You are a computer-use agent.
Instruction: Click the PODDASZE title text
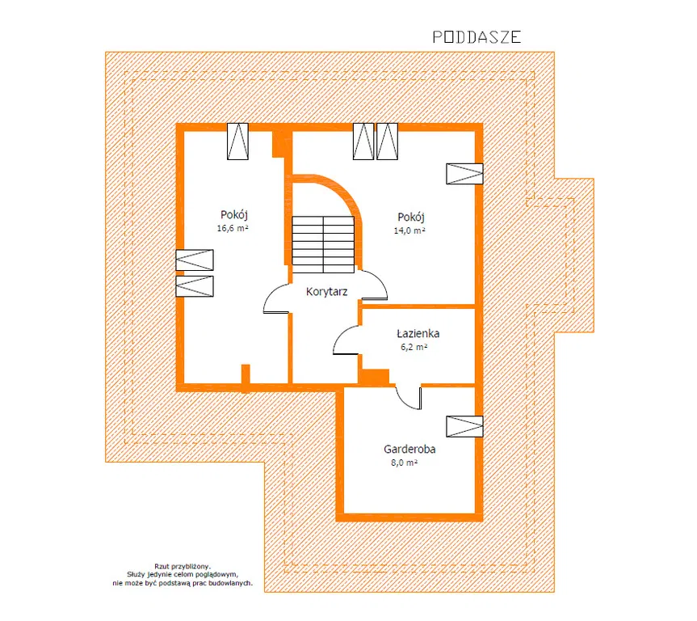click(477, 37)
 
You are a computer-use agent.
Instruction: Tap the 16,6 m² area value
click(233, 228)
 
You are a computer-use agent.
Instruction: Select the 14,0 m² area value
click(409, 230)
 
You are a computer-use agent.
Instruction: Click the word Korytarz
click(327, 292)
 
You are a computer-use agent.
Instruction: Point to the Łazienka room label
click(418, 333)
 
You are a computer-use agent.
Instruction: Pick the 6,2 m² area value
click(414, 347)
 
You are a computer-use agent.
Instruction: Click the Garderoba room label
click(409, 449)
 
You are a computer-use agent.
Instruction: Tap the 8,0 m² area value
click(404, 463)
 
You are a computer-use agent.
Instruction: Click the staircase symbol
click(323, 244)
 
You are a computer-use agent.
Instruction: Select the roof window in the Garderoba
click(464, 426)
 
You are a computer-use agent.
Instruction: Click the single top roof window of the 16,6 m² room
click(237, 142)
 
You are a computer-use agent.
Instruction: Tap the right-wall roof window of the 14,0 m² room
click(464, 174)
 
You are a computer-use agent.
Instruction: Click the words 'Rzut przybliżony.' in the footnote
click(183, 566)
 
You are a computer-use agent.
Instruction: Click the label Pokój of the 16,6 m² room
click(234, 214)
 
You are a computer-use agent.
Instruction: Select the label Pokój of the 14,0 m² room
click(411, 217)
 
